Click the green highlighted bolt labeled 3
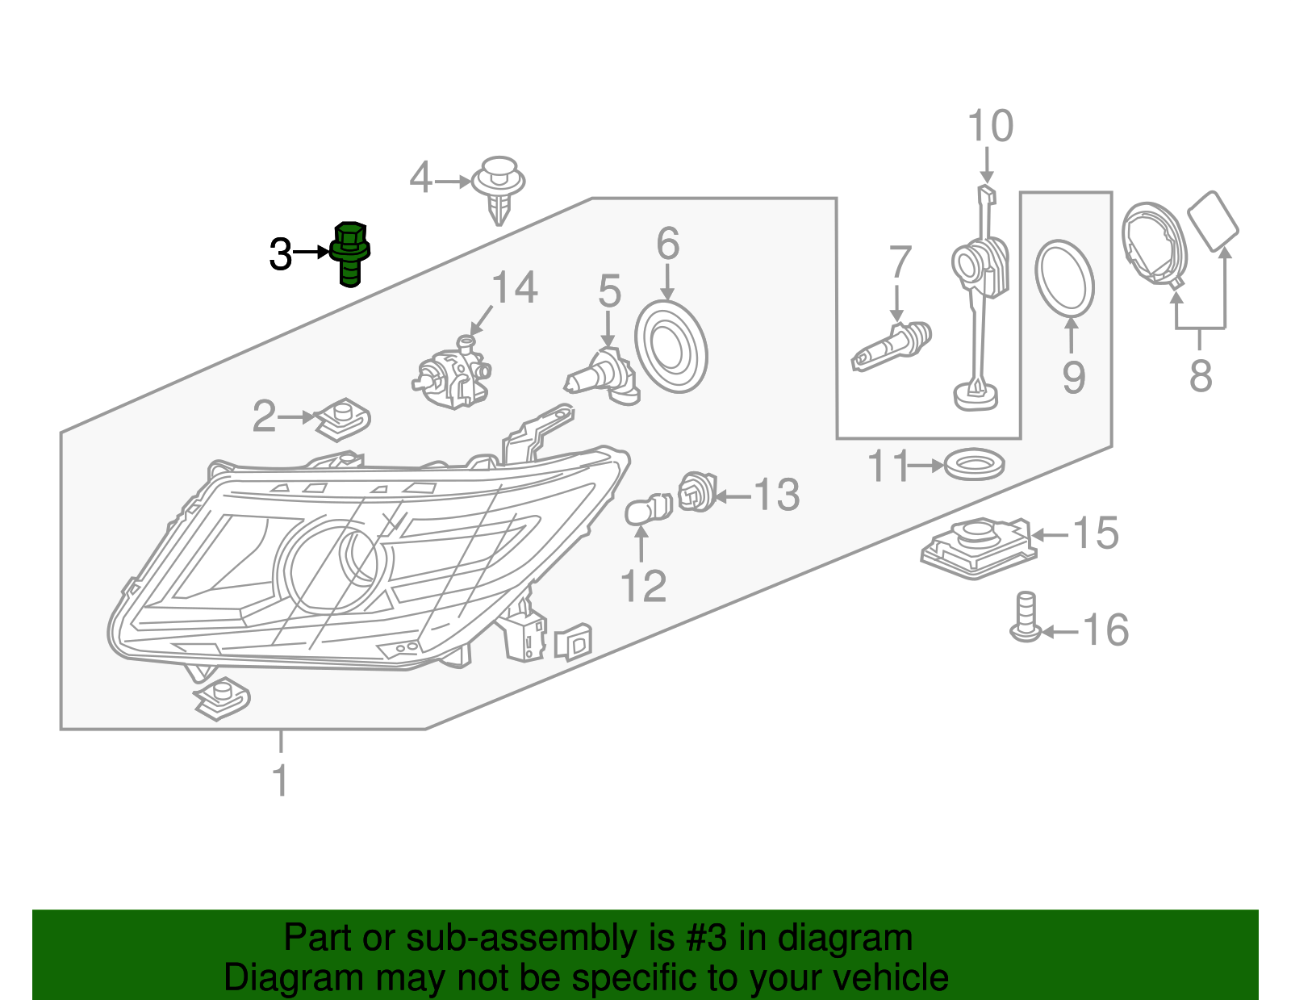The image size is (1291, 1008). click(350, 253)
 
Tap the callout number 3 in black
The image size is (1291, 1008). click(280, 255)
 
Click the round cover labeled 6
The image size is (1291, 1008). click(671, 347)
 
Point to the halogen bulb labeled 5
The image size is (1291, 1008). click(602, 376)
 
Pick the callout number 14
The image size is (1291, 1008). click(514, 288)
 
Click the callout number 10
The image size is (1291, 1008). click(990, 127)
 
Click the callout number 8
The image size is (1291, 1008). click(1201, 376)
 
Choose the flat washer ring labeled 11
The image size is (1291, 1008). click(974, 466)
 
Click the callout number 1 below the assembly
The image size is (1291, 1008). click(280, 780)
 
